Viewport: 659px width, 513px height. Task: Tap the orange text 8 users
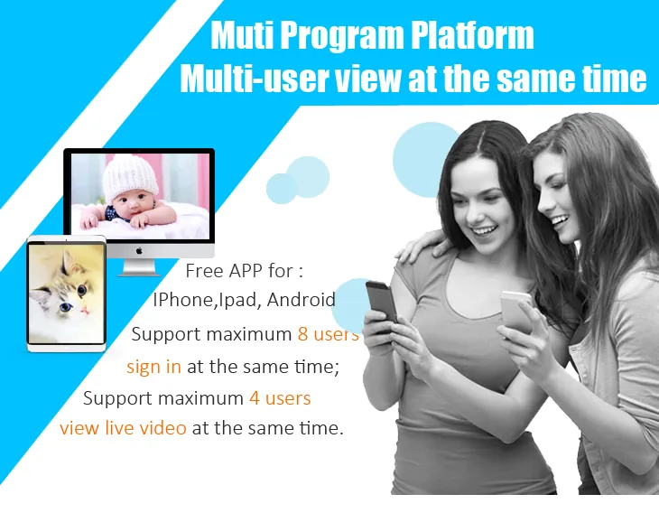pos(328,334)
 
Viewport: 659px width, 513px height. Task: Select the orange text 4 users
pos(280,397)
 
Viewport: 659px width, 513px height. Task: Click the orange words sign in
pos(153,366)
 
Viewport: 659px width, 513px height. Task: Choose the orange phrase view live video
pos(123,428)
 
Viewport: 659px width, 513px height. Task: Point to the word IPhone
pos(180,300)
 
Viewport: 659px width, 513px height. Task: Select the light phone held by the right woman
pos(516,308)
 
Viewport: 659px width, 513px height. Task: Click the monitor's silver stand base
pos(139,269)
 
